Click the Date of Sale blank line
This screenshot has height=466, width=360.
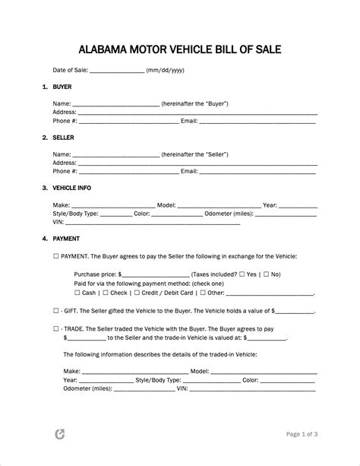(117, 71)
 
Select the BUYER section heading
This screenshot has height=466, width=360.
(62, 87)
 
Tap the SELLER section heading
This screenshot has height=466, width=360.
(64, 138)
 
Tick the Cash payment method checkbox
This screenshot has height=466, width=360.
(77, 293)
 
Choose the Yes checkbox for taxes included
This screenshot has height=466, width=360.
(240, 274)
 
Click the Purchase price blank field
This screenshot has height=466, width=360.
(156, 275)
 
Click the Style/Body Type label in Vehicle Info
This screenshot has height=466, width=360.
(76, 214)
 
